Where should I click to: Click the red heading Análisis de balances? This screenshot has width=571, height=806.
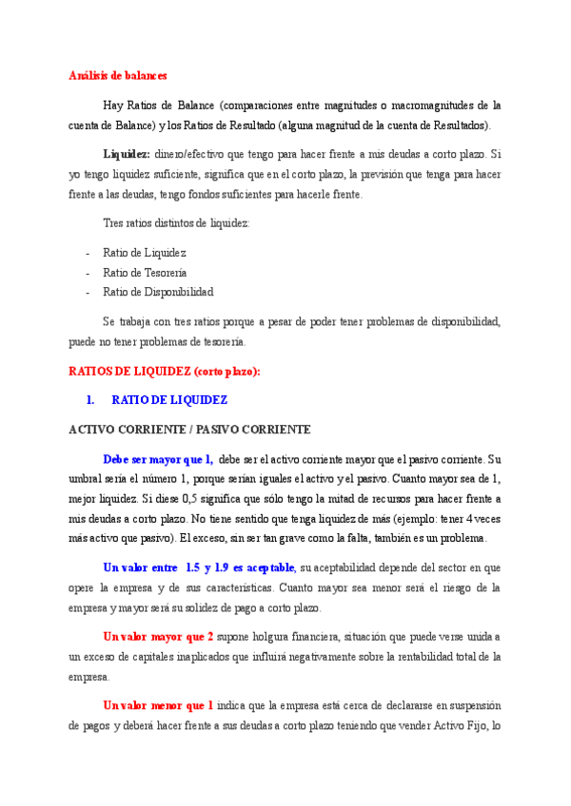(117, 75)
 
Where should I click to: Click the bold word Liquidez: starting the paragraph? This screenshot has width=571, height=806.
(127, 153)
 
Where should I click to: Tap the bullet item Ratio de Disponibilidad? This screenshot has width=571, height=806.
(158, 292)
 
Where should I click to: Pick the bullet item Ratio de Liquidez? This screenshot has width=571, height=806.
(144, 252)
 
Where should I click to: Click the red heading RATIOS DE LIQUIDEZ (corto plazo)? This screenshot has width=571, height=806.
(165, 371)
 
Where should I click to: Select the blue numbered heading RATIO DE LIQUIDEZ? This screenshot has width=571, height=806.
(169, 400)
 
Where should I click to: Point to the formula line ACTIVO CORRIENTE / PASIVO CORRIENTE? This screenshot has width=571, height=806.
(189, 430)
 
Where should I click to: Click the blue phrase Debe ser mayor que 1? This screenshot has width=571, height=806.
(157, 459)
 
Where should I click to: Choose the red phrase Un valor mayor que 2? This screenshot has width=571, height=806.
(158, 636)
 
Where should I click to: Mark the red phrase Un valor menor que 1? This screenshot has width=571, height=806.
(158, 705)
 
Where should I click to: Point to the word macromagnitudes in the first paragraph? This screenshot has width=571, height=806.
(427, 105)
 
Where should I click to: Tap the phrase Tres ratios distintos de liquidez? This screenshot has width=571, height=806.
(175, 223)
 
